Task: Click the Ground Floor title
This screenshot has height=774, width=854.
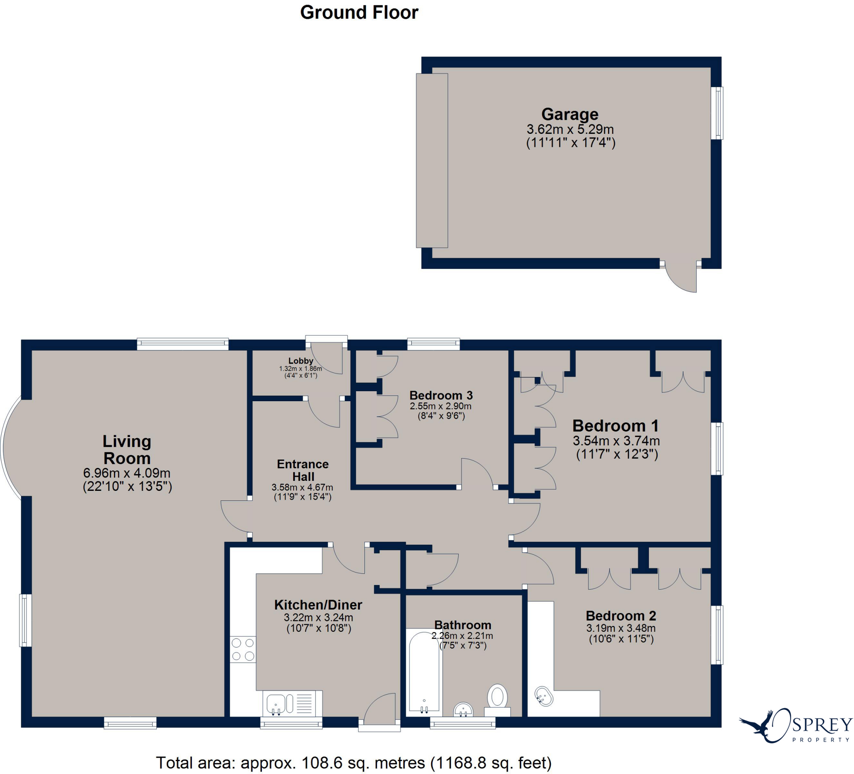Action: (359, 12)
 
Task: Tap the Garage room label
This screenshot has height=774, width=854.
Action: (570, 114)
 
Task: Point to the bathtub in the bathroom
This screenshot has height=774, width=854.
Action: (424, 671)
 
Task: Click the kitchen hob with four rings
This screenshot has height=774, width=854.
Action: (243, 649)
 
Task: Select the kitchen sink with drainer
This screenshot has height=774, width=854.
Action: (291, 704)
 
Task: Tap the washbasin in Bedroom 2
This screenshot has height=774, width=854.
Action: (544, 696)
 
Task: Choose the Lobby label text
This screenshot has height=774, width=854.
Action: (300, 361)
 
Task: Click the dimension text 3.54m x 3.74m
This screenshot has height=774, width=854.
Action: (616, 441)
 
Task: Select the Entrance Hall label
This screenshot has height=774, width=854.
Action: (303, 470)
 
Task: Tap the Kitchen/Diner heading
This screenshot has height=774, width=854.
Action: (318, 605)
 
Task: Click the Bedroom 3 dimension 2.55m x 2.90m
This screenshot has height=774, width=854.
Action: (441, 406)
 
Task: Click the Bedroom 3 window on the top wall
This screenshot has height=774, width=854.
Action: (433, 344)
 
